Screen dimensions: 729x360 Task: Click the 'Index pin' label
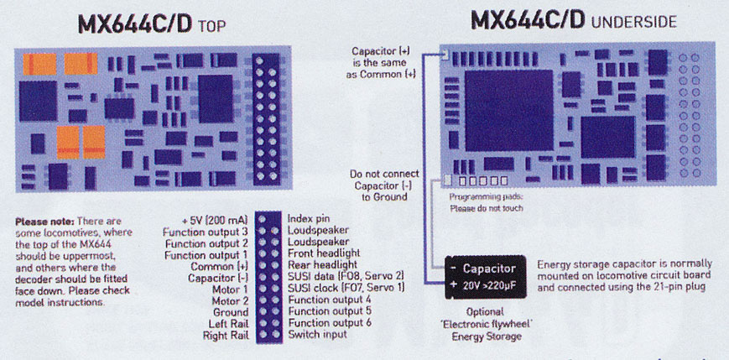(x=309, y=218)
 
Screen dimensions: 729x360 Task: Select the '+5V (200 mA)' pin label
(x=215, y=220)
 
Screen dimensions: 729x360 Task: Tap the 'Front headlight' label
(x=324, y=253)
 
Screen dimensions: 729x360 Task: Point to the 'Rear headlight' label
(x=322, y=265)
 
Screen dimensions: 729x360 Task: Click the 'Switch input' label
(x=318, y=334)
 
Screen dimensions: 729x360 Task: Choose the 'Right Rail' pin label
(x=226, y=336)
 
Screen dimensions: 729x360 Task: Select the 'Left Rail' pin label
(x=229, y=324)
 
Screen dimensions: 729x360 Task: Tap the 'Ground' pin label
(x=231, y=312)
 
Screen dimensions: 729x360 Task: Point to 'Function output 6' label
(x=330, y=322)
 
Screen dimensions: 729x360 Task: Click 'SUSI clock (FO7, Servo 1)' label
(x=346, y=288)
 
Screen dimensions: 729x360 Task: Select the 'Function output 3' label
(x=206, y=231)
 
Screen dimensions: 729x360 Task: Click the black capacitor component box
(x=486, y=277)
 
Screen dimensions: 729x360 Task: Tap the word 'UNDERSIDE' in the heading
(x=633, y=22)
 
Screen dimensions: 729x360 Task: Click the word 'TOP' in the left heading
(x=211, y=25)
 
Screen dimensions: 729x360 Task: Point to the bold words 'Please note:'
(x=44, y=221)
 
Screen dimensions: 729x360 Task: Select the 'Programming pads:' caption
(x=486, y=196)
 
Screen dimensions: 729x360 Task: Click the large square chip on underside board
(x=508, y=111)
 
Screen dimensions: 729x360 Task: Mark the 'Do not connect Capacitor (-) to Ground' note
(x=384, y=185)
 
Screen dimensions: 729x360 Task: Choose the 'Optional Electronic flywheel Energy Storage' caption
(x=486, y=324)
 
